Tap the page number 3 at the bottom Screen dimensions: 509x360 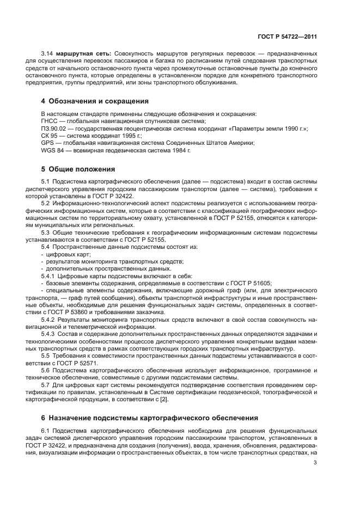tap(315, 463)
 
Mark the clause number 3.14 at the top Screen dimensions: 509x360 tap(47, 53)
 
